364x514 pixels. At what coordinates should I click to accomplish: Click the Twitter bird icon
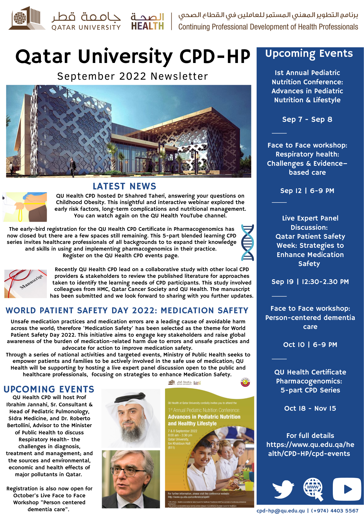283,489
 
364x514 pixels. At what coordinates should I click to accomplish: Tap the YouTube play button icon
347,489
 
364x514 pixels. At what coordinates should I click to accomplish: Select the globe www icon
313,488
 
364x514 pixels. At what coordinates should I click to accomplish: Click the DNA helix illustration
247,243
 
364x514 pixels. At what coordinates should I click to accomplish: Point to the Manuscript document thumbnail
25,284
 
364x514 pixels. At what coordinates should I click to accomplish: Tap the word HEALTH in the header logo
147,26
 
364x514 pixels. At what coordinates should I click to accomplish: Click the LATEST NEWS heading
124,186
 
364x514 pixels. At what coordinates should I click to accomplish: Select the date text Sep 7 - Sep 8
307,120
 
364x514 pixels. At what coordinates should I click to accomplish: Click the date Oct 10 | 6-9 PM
310,345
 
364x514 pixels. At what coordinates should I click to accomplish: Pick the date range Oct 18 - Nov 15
310,408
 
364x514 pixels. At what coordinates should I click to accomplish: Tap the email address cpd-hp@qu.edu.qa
280,510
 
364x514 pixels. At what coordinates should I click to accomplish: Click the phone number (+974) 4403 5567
335,510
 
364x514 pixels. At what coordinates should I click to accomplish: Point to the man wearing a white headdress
131,418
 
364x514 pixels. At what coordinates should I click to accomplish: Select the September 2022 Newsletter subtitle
133,76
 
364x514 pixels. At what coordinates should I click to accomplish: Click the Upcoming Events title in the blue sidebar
309,53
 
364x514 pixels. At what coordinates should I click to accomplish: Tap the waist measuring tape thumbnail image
25,207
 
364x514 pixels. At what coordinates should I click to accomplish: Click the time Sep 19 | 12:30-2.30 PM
310,282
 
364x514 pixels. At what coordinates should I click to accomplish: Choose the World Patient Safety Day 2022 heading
127,310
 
